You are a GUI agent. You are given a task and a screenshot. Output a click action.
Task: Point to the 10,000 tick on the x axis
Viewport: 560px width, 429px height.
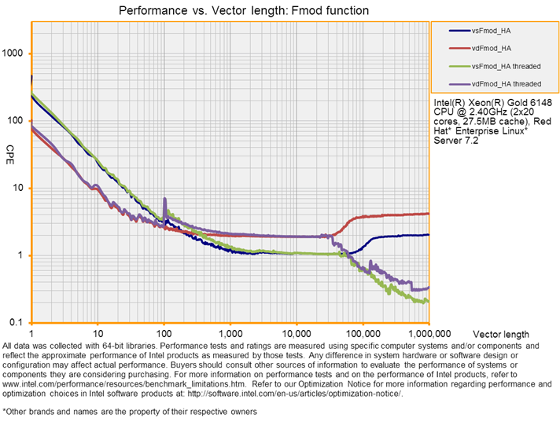tap(296, 333)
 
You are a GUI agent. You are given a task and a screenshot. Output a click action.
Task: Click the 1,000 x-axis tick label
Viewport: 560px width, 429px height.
tap(230, 333)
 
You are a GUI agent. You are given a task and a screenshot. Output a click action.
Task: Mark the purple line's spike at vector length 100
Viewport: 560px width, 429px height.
tap(164, 200)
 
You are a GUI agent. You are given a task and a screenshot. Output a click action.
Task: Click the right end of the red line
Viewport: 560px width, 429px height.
tap(428, 213)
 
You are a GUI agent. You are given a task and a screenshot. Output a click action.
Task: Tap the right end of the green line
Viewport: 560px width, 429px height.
tap(427, 301)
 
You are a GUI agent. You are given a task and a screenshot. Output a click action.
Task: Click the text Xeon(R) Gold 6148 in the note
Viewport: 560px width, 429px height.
tap(488, 103)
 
